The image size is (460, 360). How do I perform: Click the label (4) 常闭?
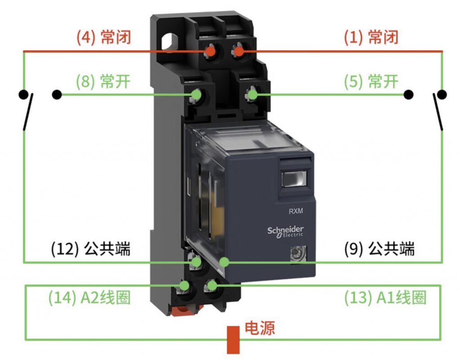coord(104,37)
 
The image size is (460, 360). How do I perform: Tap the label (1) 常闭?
coord(371,37)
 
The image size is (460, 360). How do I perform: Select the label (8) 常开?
coord(103,81)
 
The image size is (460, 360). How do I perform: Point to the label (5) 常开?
coord(371,81)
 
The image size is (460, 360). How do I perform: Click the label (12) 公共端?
coord(90,249)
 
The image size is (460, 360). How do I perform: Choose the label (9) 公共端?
coord(379,249)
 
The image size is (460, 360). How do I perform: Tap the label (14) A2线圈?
coord(89,298)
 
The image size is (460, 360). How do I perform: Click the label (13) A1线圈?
coord(385,298)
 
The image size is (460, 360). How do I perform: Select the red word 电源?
coord(260,328)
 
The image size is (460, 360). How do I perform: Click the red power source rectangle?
coord(233,340)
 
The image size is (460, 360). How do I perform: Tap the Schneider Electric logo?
coord(285,232)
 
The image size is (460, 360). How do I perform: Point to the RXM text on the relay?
coord(296,211)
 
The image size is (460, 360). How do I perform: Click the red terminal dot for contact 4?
coord(210,52)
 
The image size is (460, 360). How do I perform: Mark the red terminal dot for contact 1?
coord(239,52)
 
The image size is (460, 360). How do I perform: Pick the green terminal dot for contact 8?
coord(196,94)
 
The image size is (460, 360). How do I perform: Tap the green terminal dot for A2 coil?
coord(185,285)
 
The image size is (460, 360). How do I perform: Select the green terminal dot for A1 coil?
coord(212,284)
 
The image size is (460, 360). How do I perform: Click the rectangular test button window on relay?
coord(294,179)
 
